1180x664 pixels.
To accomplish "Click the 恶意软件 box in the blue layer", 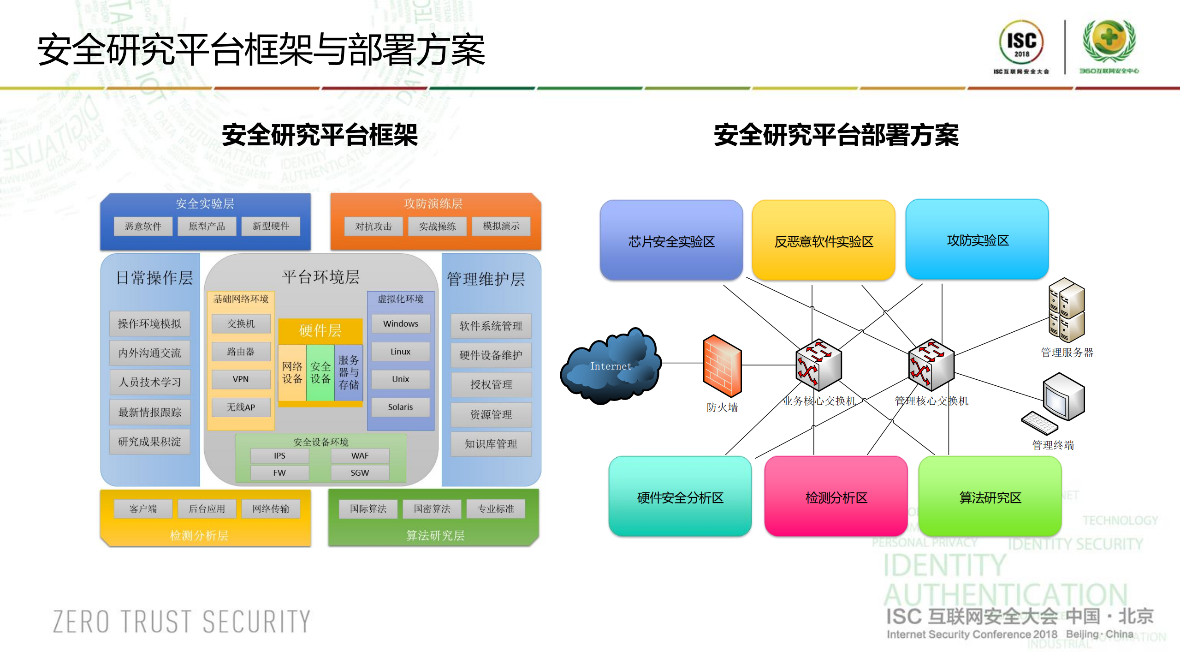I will point(143,226).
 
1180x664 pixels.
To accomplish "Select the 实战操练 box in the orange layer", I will point(437,226).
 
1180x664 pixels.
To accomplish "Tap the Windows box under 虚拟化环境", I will point(400,323).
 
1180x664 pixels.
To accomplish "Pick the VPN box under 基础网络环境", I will point(241,379).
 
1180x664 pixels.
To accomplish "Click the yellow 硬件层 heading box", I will point(320,330).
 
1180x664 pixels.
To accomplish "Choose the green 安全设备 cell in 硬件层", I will point(320,373).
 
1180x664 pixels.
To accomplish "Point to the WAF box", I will point(360,455).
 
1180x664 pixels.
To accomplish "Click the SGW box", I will point(360,473).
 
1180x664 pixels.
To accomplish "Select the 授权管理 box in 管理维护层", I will point(491,384).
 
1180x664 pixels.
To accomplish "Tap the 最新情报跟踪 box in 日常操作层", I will point(150,412).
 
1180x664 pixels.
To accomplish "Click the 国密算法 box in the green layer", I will point(432,508).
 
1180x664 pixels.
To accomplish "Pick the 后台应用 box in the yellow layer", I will point(207,508).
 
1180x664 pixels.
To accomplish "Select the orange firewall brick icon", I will point(722,365).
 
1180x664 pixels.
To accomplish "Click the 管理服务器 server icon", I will point(1066,310).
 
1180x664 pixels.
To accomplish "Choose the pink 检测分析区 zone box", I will point(836,497).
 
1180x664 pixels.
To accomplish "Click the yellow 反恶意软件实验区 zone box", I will point(824,240).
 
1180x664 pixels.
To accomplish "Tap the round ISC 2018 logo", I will point(1021,42).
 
